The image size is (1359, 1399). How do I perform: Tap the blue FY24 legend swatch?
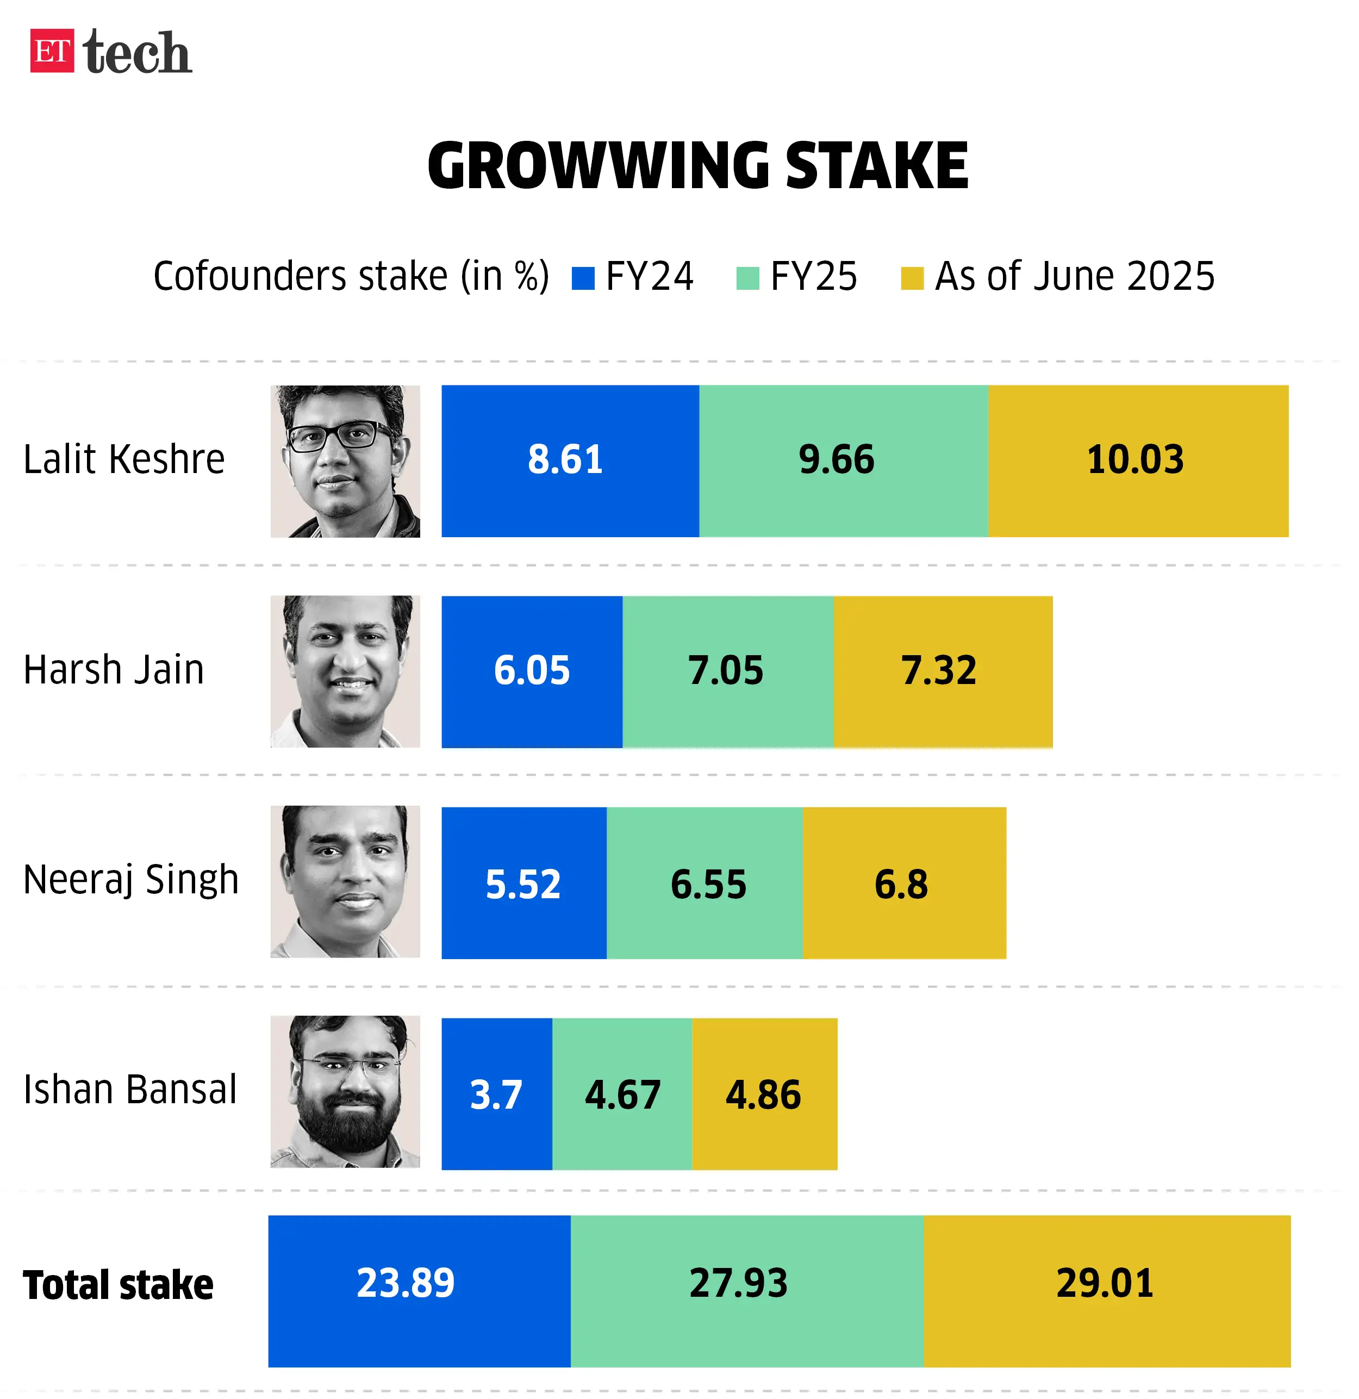pos(583,278)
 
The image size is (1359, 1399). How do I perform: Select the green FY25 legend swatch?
pos(747,278)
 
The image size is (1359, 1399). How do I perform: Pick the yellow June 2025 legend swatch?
pos(912,278)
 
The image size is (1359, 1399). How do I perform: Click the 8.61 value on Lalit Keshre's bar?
pos(565,459)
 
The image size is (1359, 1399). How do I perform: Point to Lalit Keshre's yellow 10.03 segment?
pos(1138,461)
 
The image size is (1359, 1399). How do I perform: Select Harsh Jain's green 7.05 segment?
pos(727,671)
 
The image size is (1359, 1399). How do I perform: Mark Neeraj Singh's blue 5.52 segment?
pos(524,883)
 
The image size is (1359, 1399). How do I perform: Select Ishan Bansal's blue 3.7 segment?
pos(497,1094)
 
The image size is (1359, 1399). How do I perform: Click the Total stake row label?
pos(119,1285)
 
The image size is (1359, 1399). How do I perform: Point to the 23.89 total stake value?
pos(406,1283)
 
